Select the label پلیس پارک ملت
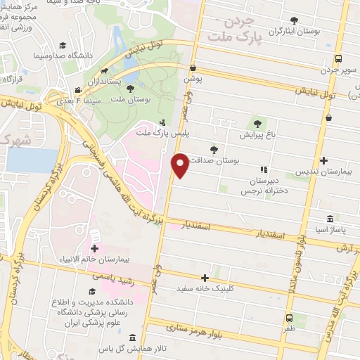pyautogui.click(x=153, y=133)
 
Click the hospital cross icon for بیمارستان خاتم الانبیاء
pyautogui.click(x=94, y=248)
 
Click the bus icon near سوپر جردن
pyautogui.click(x=339, y=58)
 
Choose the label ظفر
pyautogui.click(x=290, y=328)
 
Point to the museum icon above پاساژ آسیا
pyautogui.click(x=330, y=219)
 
